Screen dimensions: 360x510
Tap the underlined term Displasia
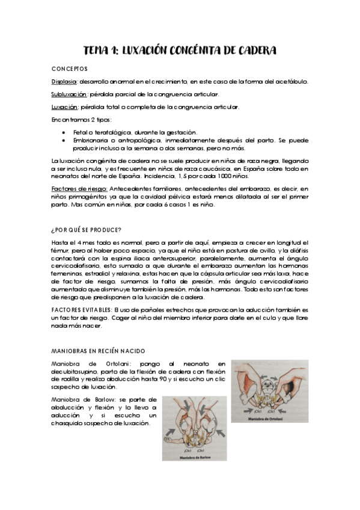64,81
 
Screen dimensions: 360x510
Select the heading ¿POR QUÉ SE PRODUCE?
87,229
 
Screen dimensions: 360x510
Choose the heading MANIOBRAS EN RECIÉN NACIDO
99,351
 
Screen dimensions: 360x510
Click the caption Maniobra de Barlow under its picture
194,457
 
